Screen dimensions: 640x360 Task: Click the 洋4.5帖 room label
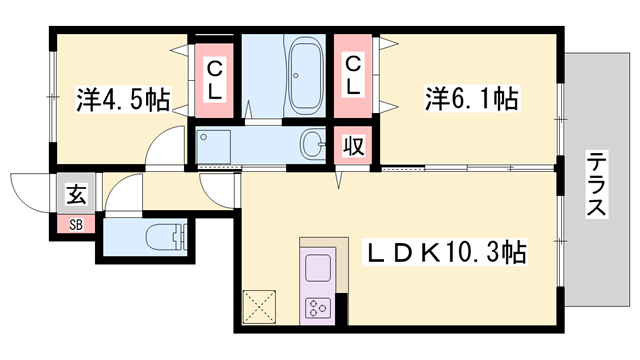click(x=123, y=99)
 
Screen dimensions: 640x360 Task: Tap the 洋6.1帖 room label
click(x=472, y=98)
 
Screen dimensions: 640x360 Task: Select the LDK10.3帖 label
click(x=445, y=252)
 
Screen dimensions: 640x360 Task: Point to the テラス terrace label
click(x=596, y=184)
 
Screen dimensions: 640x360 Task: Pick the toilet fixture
click(x=166, y=237)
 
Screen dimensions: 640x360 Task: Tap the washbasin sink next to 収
click(x=313, y=144)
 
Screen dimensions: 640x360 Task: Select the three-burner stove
click(x=318, y=308)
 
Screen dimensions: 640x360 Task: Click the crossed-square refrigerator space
click(x=259, y=307)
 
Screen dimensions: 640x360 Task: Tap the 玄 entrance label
click(x=76, y=194)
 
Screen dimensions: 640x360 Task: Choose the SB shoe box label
click(x=76, y=224)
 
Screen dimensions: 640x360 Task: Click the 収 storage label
click(x=353, y=146)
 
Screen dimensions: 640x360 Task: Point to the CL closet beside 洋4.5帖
click(x=214, y=80)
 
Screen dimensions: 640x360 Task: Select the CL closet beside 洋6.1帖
click(x=353, y=76)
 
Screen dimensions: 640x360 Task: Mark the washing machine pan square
click(x=214, y=146)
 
